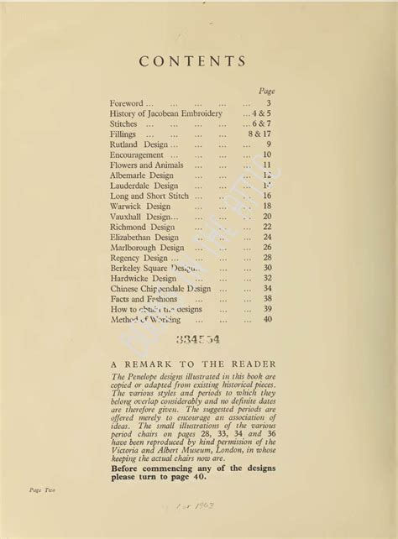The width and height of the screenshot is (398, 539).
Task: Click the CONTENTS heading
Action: coord(192,61)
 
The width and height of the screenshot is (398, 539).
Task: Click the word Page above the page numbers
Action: coord(266,91)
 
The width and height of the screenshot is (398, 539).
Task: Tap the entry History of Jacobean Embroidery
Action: coord(166,113)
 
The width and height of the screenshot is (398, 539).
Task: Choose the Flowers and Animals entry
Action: coord(146,165)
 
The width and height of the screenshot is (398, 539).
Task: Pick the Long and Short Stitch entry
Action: coord(149,196)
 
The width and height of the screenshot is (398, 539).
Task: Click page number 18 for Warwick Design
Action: coord(266,206)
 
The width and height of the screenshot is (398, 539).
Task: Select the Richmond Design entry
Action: coord(143,227)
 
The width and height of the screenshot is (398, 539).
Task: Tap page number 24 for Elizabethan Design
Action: coord(266,237)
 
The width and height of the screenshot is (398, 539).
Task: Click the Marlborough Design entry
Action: coord(147,248)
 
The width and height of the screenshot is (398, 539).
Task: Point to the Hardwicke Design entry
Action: coord(144,278)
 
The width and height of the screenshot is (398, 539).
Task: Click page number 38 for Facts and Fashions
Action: coord(267,299)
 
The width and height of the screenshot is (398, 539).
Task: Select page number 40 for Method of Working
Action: coord(267,319)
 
